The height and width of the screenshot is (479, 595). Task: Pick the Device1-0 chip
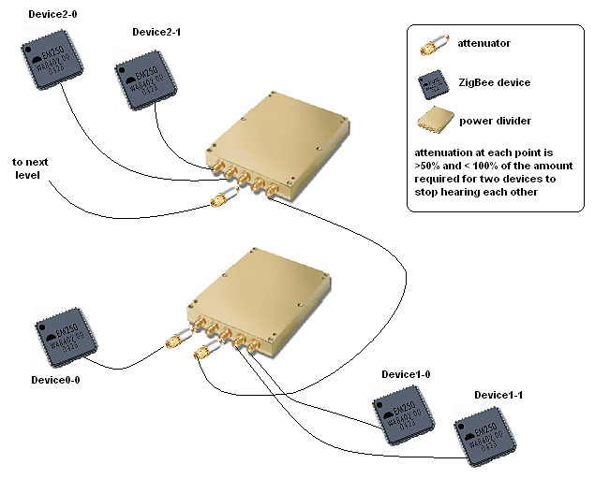407,414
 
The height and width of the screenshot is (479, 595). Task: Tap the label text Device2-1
156,32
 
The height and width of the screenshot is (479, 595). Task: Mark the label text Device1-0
406,374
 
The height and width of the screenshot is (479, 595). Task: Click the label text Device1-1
498,396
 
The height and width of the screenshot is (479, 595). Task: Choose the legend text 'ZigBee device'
495,82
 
